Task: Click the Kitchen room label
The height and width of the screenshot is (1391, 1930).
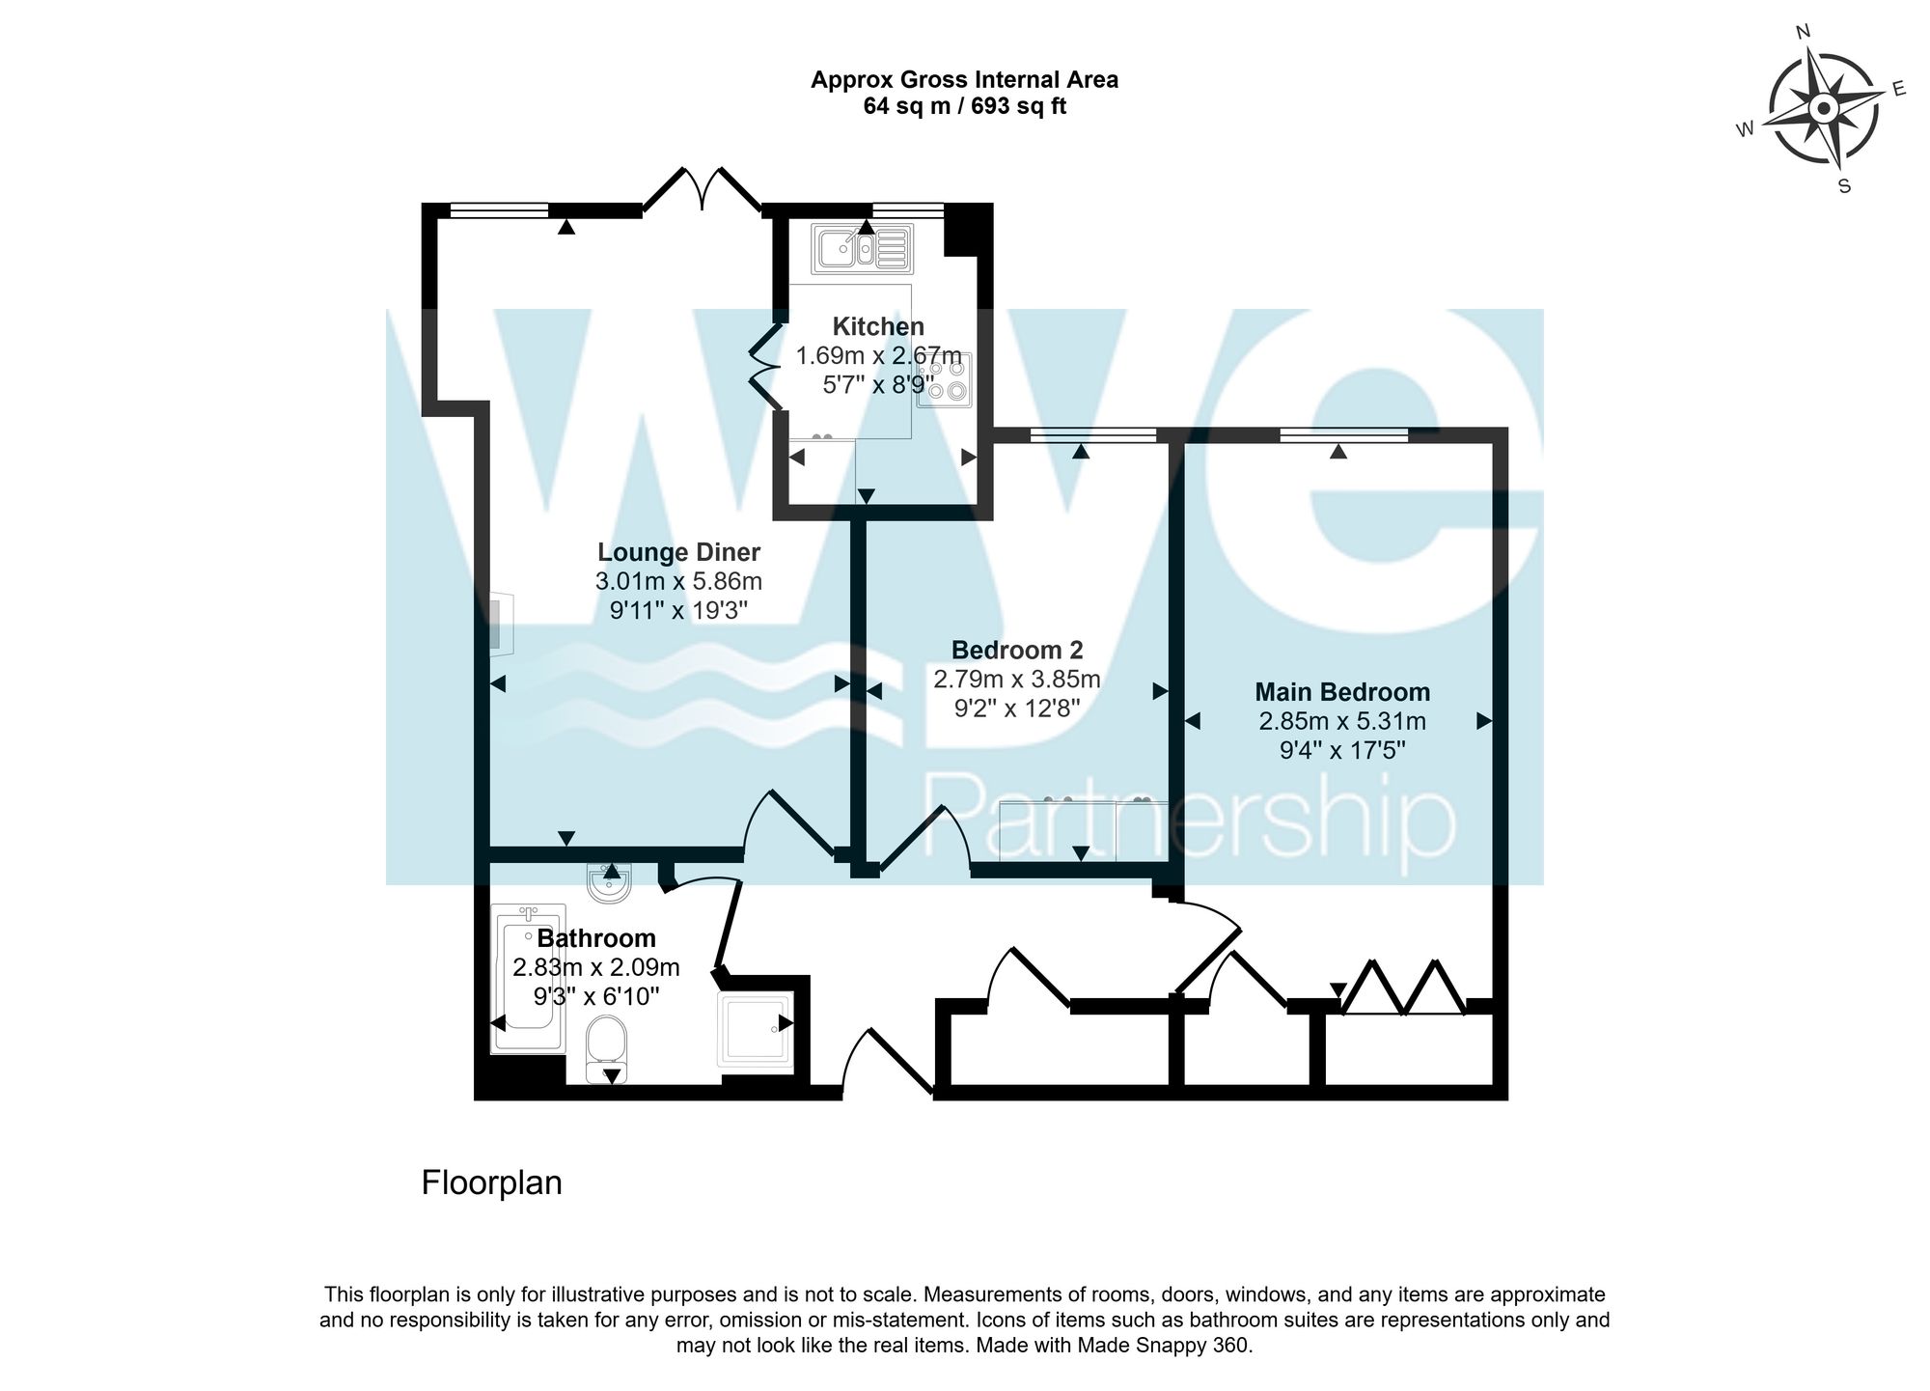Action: [878, 326]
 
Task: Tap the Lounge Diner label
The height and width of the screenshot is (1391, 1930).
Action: [678, 552]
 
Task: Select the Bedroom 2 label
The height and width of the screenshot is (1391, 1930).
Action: [1017, 650]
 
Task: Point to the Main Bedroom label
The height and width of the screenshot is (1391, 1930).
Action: [1342, 692]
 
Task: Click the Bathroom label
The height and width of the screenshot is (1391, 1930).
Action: [596, 938]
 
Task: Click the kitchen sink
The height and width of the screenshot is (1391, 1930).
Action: [863, 248]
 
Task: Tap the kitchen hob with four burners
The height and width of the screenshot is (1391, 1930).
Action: [945, 379]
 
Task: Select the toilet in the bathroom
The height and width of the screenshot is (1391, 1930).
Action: [607, 1048]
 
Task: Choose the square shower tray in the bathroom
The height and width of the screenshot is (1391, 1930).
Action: [756, 1029]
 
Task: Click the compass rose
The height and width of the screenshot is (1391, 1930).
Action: [1822, 108]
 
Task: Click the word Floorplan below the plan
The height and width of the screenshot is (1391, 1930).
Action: [492, 1182]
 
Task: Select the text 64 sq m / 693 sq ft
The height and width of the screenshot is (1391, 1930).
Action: [965, 106]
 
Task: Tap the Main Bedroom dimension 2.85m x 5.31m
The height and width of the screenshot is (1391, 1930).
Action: [1342, 721]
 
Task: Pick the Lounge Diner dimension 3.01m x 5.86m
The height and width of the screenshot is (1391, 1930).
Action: [678, 581]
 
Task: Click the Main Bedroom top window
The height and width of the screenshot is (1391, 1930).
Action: [1343, 436]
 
